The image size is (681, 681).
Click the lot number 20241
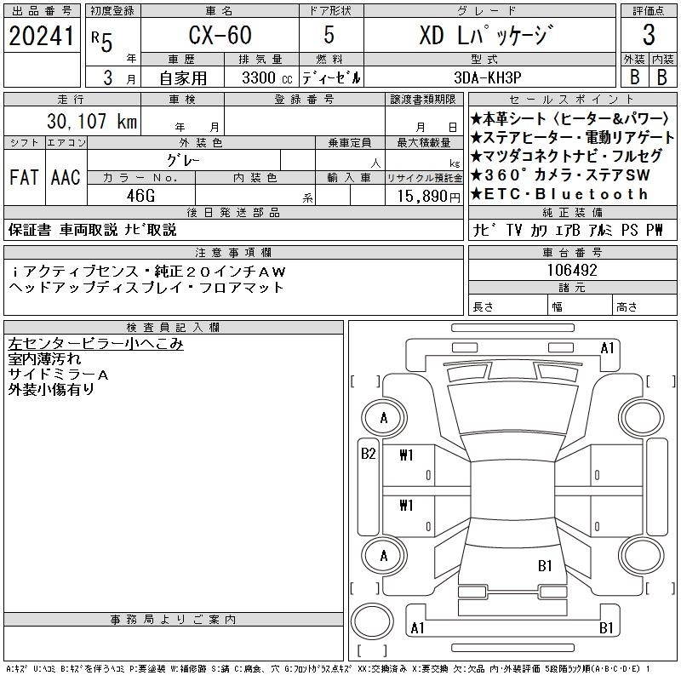(x=41, y=36)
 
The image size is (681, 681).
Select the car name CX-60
(x=220, y=35)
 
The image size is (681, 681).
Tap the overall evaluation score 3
(x=649, y=35)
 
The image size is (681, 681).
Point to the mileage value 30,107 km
(x=92, y=121)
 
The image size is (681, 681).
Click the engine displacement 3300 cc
(x=267, y=77)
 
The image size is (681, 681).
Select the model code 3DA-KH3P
(x=487, y=77)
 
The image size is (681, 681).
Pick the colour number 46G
(x=140, y=196)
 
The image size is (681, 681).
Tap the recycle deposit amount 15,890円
(x=429, y=197)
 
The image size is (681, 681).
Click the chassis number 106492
(x=572, y=270)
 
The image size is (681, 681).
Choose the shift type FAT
(x=24, y=177)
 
